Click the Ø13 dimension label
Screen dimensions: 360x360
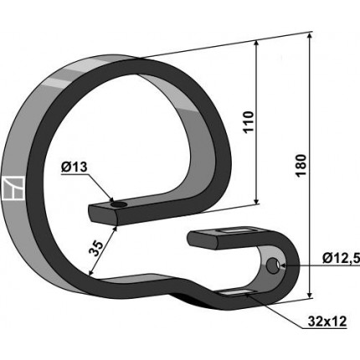[74, 167]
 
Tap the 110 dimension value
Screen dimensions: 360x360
[249, 122]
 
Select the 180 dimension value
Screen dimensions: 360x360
[301, 165]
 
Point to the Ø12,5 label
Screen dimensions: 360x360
[341, 259]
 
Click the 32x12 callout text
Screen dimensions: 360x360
[327, 321]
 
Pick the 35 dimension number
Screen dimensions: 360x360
[96, 248]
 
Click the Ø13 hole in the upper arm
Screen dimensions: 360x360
[119, 205]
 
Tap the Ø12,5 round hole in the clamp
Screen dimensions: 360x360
[272, 265]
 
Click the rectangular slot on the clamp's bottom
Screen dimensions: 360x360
[237, 292]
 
